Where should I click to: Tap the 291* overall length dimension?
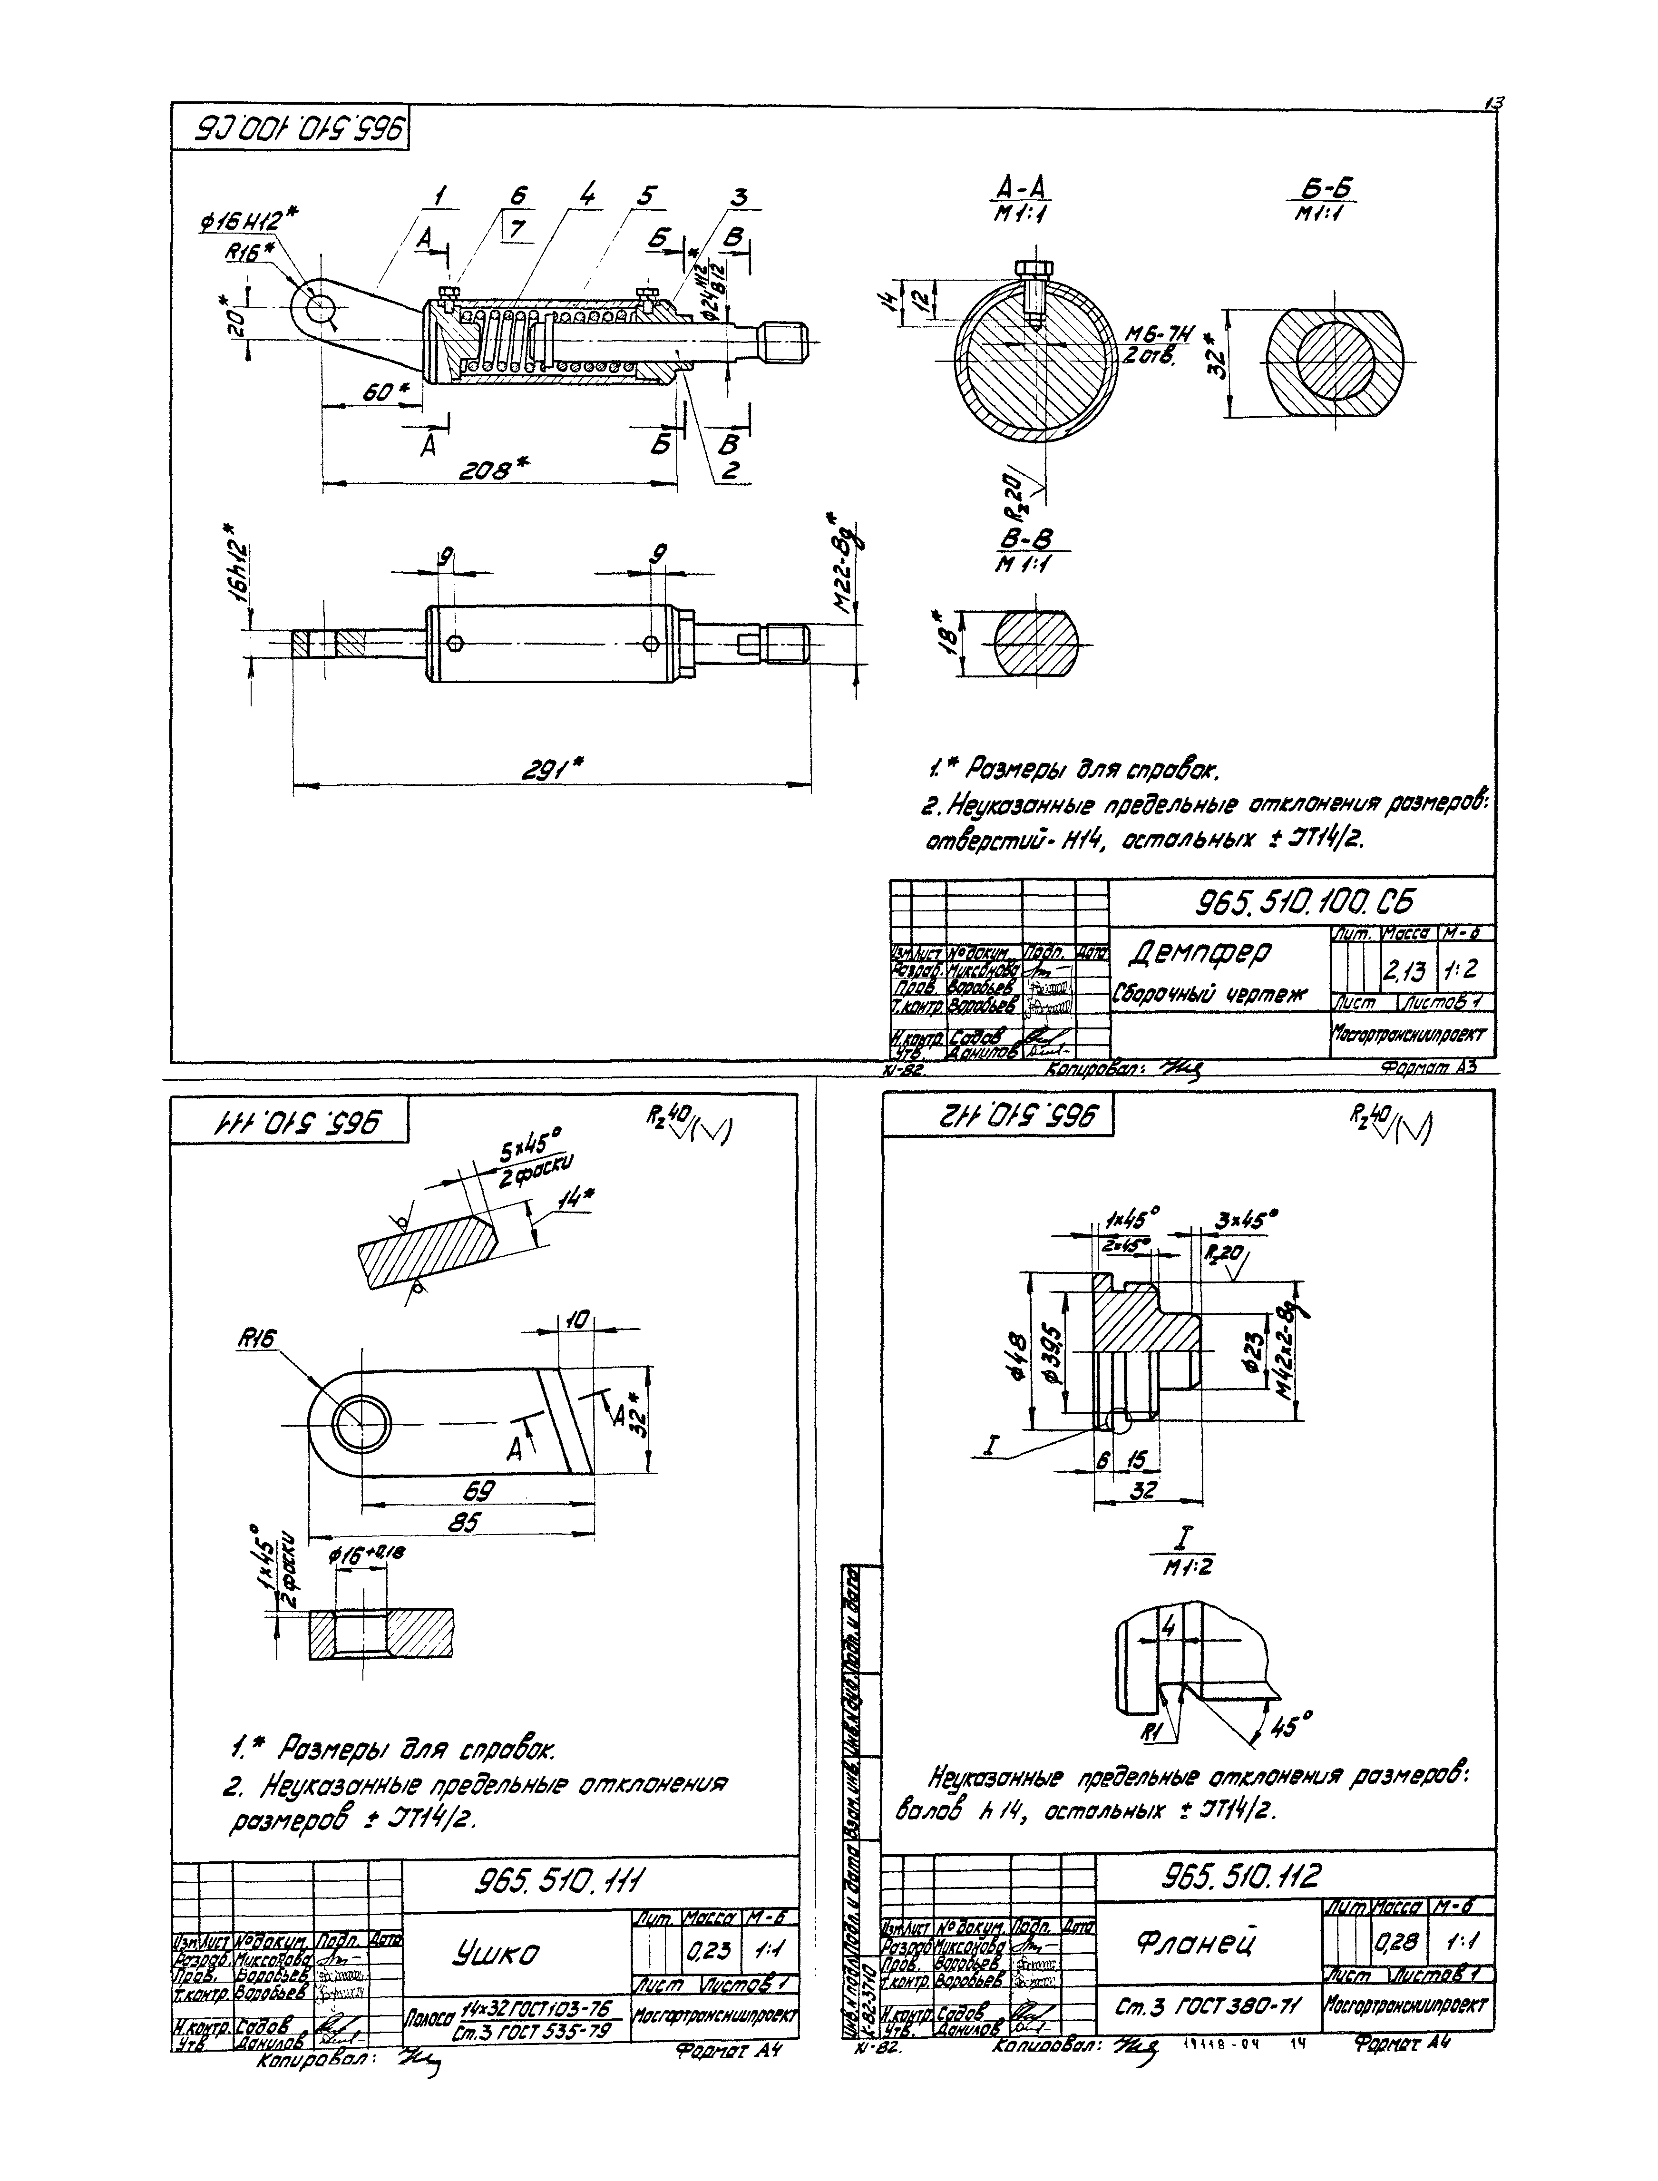click(551, 767)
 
